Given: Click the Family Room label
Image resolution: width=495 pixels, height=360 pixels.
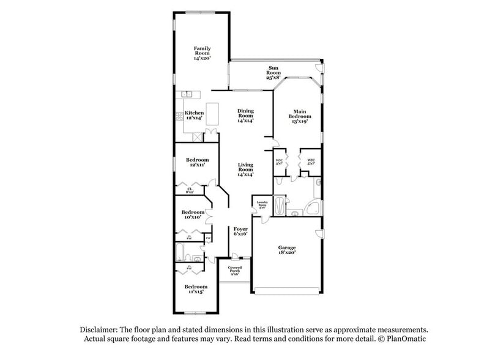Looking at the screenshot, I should pos(202,53).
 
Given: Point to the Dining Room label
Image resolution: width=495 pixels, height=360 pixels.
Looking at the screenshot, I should pos(245,114).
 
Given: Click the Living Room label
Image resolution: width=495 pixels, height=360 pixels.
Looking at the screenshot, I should pos(245,168).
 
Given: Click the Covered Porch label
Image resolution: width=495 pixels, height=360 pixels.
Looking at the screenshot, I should pos(234,269).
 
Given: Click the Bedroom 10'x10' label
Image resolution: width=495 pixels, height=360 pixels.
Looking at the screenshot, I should pos(193,214).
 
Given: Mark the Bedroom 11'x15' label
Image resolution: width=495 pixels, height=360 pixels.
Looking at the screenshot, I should pos(196,289).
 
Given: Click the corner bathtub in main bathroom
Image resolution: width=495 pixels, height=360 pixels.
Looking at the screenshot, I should pos(313,208).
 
